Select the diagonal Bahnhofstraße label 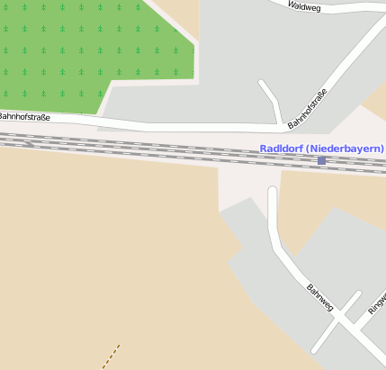pyautogui.click(x=307, y=106)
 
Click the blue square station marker pyautogui.click(x=321, y=160)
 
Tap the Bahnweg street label pyautogui.click(x=320, y=298)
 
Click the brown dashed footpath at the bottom pyautogui.click(x=111, y=356)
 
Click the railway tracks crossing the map pyautogui.click(x=135, y=147)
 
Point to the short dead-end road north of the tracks pyautogui.click(x=270, y=99)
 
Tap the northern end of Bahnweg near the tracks pyautogui.click(x=273, y=194)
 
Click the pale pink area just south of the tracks pyautogui.click(x=243, y=185)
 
